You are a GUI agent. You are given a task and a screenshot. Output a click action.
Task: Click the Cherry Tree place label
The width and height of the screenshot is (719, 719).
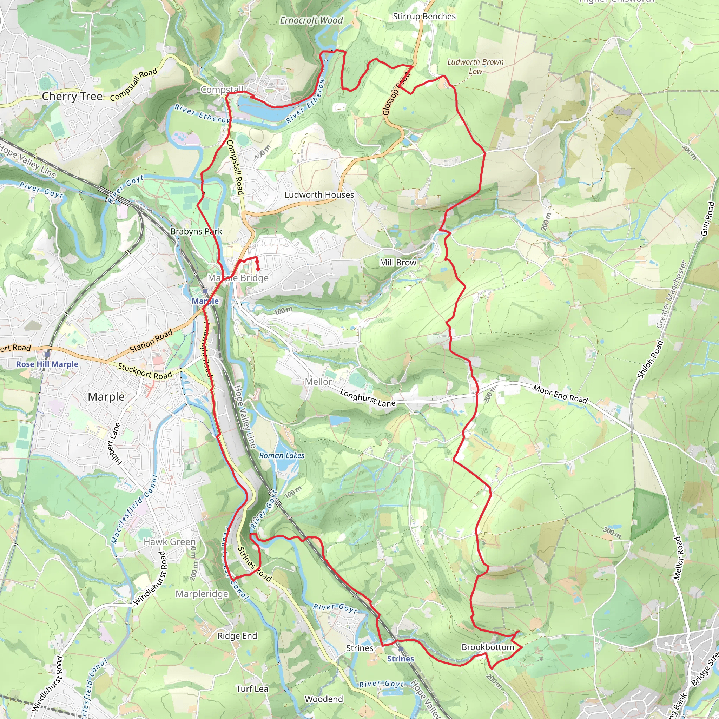point(72,97)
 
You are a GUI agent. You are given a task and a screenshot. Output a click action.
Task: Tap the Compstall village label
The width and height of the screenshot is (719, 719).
point(222,90)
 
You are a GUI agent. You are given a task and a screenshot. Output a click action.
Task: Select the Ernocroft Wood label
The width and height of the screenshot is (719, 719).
point(311,20)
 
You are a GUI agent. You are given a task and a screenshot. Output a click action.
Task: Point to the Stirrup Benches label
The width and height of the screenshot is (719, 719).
point(424,17)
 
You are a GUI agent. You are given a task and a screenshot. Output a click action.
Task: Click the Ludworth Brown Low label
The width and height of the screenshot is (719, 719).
point(475,66)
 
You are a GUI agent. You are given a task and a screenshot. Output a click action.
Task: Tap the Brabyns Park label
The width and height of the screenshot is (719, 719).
point(196,231)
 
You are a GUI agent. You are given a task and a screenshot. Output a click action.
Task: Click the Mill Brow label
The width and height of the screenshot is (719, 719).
point(398,262)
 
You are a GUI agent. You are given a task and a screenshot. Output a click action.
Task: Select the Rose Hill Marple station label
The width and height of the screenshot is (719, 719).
point(47,364)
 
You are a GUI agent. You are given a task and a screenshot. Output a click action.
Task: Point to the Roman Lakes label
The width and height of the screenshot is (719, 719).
point(282,455)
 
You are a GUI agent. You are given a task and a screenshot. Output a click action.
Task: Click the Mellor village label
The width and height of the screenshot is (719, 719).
point(318,382)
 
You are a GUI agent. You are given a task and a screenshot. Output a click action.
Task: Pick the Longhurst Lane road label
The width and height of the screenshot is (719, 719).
point(367,398)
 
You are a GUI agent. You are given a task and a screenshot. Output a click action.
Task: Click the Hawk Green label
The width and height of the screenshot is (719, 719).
point(170,541)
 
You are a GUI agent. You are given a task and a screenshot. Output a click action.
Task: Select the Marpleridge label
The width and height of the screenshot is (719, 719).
point(202,594)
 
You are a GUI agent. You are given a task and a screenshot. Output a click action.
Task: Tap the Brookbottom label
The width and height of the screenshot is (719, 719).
point(488,647)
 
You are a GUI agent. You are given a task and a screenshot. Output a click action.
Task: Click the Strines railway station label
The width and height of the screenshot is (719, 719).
point(401,659)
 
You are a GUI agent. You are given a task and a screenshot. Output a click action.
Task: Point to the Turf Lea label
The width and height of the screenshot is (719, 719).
point(252,688)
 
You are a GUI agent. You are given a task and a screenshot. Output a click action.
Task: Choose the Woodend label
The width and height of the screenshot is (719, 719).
point(324,699)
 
